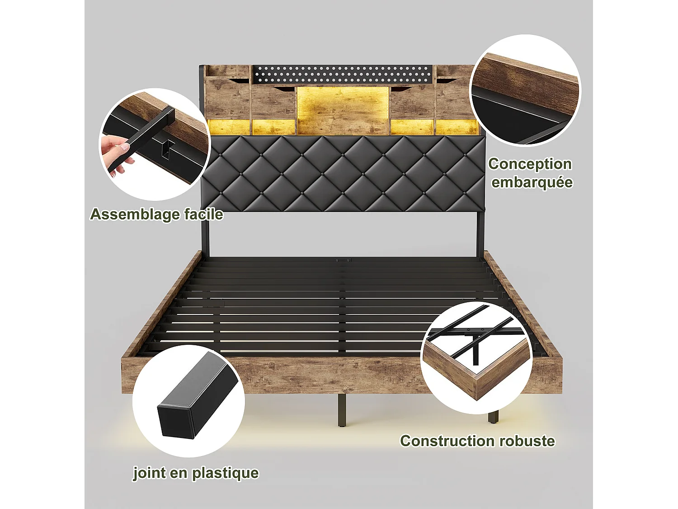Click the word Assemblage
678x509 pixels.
coord(129,214)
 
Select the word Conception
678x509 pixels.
coord(530,164)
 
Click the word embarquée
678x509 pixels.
coord(532,182)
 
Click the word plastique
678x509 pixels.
coord(225,473)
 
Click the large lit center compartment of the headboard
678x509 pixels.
coord(343,110)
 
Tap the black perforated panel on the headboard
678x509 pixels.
coord(342,74)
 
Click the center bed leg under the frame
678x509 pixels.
coord(342,410)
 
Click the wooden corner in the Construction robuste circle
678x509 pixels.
coord(479,385)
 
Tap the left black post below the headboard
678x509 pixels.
coord(205,235)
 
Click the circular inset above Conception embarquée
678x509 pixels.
coord(525,90)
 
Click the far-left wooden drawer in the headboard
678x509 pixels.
coord(227,97)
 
